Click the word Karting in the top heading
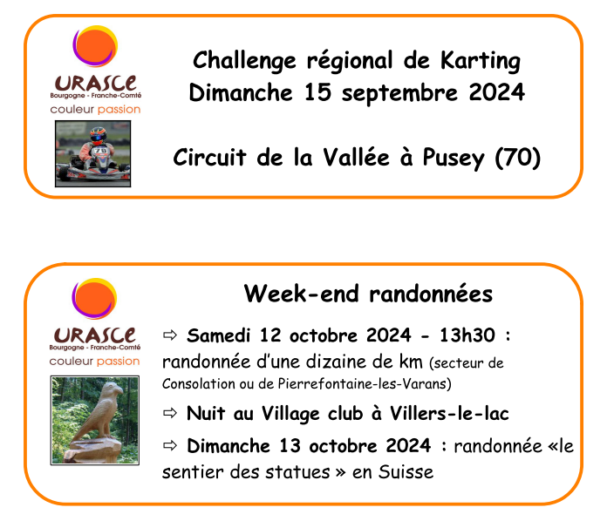point(480,61)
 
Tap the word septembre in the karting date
point(399,94)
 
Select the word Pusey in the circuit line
point(454,159)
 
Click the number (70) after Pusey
point(518,158)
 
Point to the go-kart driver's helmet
point(98,135)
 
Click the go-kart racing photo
point(92,153)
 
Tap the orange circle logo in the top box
point(95,46)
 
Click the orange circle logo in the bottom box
point(94,298)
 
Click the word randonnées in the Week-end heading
point(431,294)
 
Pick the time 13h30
point(467,335)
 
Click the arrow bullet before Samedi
point(170,335)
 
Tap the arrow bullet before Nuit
point(170,413)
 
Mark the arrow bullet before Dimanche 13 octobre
point(170,445)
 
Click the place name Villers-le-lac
point(449,414)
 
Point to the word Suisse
point(406,472)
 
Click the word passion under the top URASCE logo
point(119,110)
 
